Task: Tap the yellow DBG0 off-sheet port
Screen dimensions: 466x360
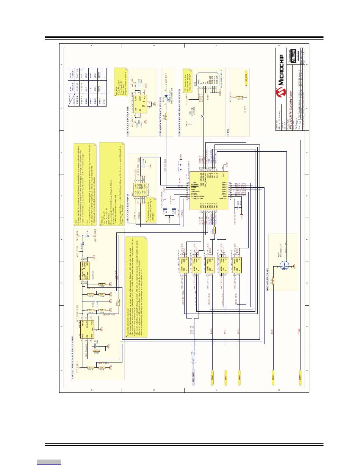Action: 212,375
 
